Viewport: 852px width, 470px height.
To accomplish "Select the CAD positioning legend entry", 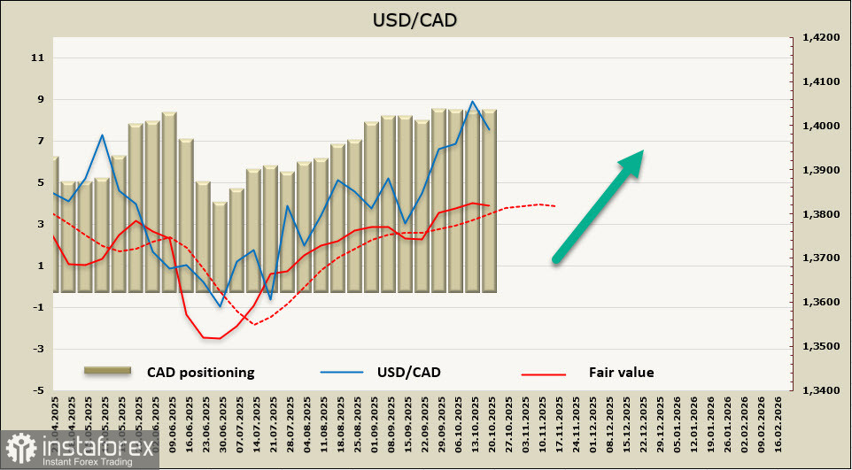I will coord(200,373).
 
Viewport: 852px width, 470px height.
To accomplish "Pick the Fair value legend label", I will coord(621,373).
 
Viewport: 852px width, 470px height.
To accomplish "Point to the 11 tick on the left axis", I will coord(37,58).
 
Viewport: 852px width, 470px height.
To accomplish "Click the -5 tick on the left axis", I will coord(37,390).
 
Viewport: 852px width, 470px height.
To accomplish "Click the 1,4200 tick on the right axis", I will coord(819,38).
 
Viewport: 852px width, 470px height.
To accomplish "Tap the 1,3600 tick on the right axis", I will coord(819,303).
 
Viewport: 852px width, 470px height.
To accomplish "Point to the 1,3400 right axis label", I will coord(819,390).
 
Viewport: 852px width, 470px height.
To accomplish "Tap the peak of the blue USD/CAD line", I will coord(473,102).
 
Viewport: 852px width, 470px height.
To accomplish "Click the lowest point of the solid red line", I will coord(219,338).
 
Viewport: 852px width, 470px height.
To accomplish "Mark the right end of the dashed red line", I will coord(555,206).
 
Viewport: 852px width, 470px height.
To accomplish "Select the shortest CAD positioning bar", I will coord(220,247).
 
